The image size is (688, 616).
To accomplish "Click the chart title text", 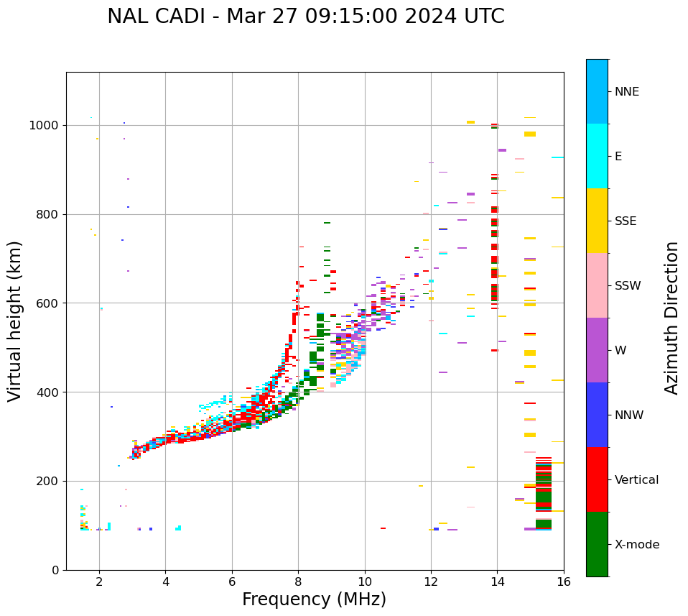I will click(x=305, y=17).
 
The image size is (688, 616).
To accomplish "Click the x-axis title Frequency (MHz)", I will click(x=314, y=599).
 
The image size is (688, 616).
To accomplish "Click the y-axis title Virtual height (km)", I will click(x=15, y=321).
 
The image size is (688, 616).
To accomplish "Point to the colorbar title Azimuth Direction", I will click(x=671, y=318).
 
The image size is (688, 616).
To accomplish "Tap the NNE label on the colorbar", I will click(x=627, y=92).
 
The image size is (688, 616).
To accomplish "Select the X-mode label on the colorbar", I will click(x=637, y=545).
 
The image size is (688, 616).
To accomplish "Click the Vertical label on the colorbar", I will click(x=637, y=480).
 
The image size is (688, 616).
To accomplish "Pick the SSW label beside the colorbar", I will click(x=628, y=286).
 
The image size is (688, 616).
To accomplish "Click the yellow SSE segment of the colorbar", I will click(x=597, y=221).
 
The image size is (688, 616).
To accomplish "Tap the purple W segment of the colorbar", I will click(x=597, y=350).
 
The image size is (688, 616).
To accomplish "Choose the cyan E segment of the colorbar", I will click(x=597, y=156).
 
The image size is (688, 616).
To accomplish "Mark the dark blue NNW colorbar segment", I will click(x=597, y=415).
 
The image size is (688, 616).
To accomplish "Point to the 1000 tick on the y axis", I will click(x=45, y=125).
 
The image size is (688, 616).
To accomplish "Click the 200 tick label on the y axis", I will click(x=48, y=481).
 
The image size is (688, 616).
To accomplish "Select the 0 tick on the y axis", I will click(x=55, y=570).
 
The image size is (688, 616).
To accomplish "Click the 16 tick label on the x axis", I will click(x=564, y=581).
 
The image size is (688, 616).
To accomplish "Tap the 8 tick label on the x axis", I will click(x=298, y=581).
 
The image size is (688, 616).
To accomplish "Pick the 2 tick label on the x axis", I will click(x=99, y=581).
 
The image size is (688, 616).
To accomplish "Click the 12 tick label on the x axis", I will click(x=431, y=581).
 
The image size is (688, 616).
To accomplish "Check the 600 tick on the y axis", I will click(x=48, y=303).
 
